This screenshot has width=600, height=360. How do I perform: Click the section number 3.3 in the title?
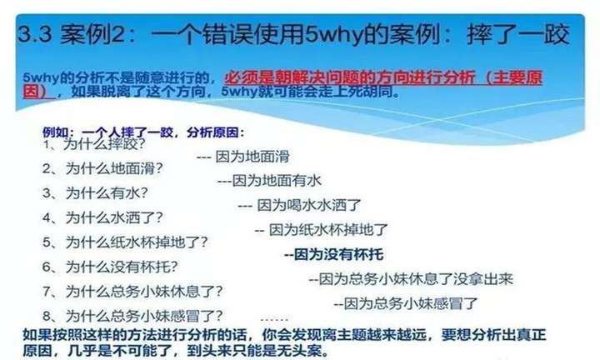pos(35,34)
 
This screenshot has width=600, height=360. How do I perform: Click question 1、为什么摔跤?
pos(94,144)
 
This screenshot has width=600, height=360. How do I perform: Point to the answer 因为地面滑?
pos(252,157)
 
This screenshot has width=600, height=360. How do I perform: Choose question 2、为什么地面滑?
pos(102,168)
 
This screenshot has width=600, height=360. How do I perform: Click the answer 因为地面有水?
pos(277,181)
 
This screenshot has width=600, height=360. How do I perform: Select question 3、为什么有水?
pos(95,192)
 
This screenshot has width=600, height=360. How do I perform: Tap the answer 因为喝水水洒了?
pos(309,206)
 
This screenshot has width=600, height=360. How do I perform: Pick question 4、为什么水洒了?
pos(102,217)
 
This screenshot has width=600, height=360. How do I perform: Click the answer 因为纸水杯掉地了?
pos(328,230)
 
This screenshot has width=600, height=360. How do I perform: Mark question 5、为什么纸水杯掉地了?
pos(125,242)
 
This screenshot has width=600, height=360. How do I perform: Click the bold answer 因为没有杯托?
pos(338,254)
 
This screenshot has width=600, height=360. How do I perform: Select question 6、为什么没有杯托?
pos(110,267)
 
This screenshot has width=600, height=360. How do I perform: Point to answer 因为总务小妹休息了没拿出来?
pos(416,279)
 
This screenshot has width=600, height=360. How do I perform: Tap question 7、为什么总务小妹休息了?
pos(132,292)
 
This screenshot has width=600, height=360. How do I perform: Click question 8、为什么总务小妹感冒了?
pos(132,316)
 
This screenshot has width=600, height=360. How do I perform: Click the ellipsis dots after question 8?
pos(274,318)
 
